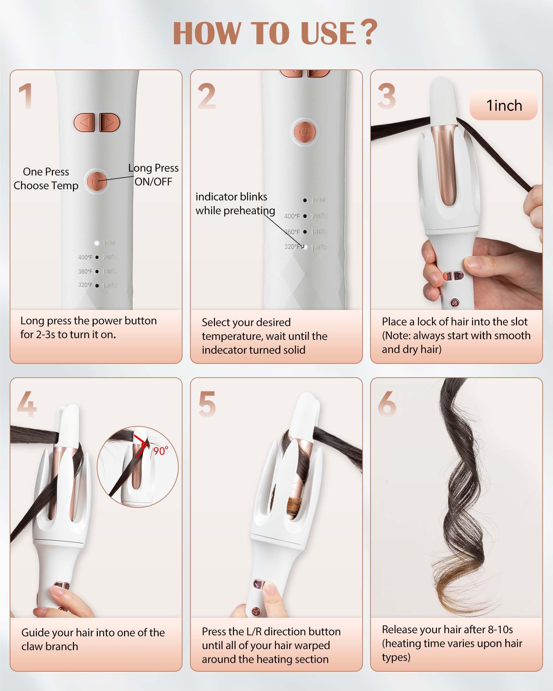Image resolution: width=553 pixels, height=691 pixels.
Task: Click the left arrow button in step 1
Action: [x=84, y=123]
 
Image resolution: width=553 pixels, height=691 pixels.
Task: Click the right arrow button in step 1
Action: [x=109, y=123]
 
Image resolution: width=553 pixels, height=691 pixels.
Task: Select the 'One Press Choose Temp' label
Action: [x=46, y=179]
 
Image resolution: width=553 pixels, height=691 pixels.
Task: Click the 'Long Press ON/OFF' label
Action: [x=153, y=175]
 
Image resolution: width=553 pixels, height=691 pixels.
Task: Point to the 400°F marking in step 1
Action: [x=85, y=257]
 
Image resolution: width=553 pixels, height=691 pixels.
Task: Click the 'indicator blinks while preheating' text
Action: [x=235, y=203]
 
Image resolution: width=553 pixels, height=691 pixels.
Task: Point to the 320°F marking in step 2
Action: [x=292, y=247]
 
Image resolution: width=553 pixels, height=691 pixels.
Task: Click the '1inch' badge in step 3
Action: [x=504, y=106]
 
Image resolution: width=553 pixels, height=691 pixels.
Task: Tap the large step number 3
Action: [x=386, y=96]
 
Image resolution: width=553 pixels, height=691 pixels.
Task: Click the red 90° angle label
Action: [x=160, y=451]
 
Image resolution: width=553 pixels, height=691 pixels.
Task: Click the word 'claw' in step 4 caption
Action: [x=32, y=646]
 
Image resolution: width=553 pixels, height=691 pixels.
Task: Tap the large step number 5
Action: [x=207, y=404]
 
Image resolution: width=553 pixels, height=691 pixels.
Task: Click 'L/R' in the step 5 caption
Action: [x=254, y=632]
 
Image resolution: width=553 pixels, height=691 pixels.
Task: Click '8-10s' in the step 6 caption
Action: [x=500, y=630]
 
